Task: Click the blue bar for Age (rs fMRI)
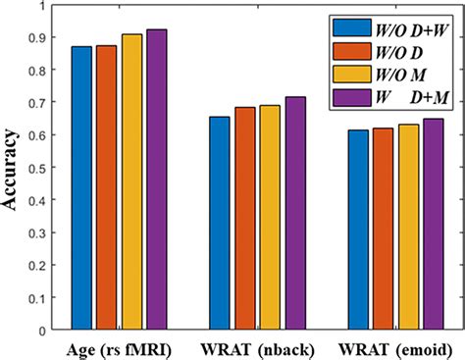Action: pyautogui.click(x=80, y=186)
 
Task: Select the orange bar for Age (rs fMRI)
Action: pyautogui.click(x=106, y=186)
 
